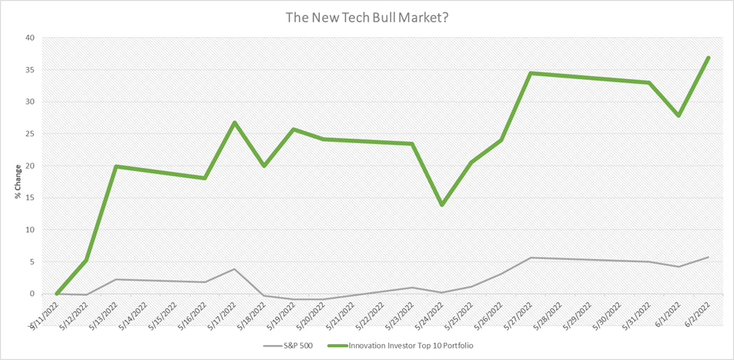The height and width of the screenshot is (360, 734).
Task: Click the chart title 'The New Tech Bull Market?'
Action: [x=367, y=17]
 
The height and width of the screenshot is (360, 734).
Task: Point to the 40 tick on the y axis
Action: [x=29, y=38]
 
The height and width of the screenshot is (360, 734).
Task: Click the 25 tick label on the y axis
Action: [x=29, y=134]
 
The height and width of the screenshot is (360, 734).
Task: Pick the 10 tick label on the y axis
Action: [x=29, y=230]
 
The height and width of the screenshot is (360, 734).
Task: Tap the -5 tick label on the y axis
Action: [x=29, y=325]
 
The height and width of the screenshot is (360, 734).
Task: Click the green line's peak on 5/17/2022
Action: [x=235, y=122]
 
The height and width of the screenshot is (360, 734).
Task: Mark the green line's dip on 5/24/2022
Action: [x=442, y=205]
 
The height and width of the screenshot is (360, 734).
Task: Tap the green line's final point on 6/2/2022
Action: [x=708, y=57]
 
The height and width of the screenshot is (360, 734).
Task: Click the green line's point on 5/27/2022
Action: [x=531, y=73]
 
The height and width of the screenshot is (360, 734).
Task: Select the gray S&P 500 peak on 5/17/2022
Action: [x=235, y=269]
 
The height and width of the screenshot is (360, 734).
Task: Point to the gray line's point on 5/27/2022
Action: [x=531, y=258]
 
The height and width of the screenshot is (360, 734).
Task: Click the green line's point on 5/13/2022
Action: [x=116, y=166]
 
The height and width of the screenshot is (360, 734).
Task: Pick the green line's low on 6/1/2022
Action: [x=679, y=115]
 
